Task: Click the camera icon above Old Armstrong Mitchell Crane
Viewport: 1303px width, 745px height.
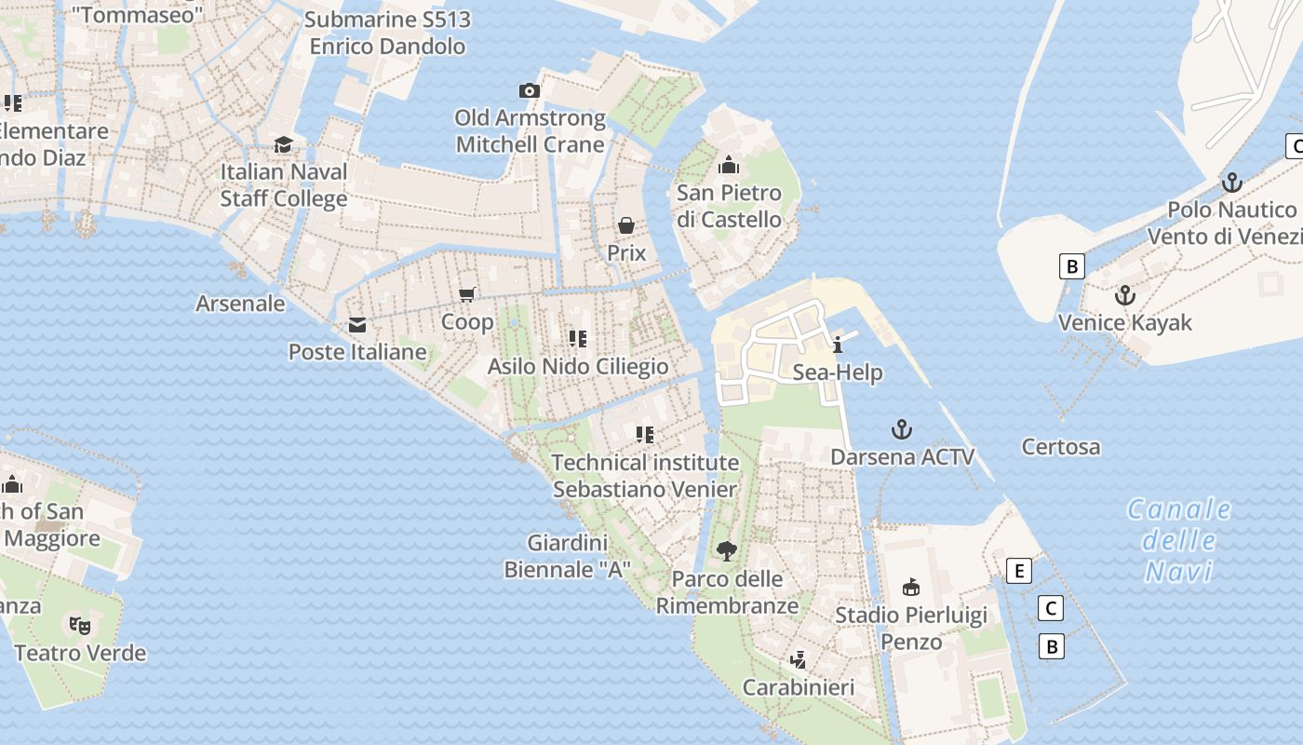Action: click(x=529, y=90)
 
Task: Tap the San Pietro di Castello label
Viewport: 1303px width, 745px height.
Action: click(x=729, y=206)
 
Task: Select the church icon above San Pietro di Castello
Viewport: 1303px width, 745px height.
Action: click(x=729, y=166)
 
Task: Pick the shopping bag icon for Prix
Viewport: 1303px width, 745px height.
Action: click(x=626, y=225)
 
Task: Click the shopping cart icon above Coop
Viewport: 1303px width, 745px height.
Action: click(x=467, y=294)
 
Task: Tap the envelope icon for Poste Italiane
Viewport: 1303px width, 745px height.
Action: click(x=357, y=325)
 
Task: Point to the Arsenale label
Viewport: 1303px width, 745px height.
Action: click(x=240, y=304)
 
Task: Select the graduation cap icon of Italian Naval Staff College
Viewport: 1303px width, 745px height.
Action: click(x=283, y=144)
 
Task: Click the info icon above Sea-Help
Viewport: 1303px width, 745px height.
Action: click(x=838, y=345)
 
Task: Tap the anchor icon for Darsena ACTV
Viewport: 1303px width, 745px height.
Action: click(x=901, y=429)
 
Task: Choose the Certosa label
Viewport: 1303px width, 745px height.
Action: click(x=1060, y=447)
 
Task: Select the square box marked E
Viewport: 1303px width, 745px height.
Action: click(x=1020, y=571)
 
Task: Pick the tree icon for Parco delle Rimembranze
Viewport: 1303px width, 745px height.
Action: click(x=727, y=551)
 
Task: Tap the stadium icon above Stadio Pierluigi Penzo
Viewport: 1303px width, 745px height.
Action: click(x=911, y=587)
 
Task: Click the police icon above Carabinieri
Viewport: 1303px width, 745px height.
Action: click(x=798, y=660)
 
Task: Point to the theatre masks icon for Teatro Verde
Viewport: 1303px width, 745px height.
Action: click(x=81, y=625)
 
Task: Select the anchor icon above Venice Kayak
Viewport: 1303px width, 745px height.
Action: click(x=1125, y=295)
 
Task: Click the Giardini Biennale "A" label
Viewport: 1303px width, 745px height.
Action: click(x=568, y=556)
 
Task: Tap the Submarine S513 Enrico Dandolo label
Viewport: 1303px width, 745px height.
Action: click(x=387, y=33)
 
